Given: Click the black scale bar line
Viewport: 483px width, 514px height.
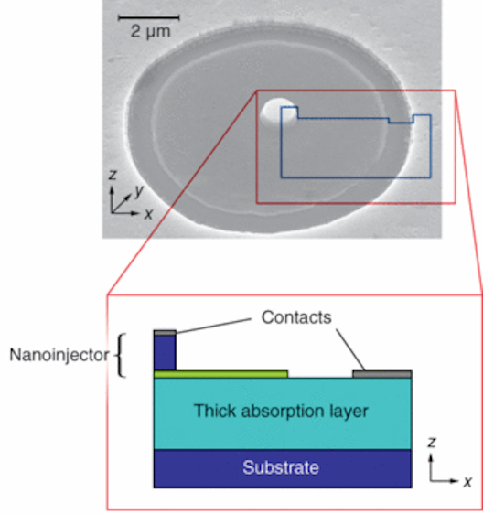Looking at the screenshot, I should click(x=145, y=16).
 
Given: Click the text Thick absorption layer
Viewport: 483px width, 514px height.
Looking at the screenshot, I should click(x=280, y=412).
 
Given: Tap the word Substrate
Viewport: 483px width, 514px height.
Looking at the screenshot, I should click(x=280, y=468).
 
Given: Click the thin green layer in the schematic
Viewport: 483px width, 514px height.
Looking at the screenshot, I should click(x=220, y=374).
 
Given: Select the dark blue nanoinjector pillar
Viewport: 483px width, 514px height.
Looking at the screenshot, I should click(x=165, y=352).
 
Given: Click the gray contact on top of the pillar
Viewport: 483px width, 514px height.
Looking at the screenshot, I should click(x=165, y=332).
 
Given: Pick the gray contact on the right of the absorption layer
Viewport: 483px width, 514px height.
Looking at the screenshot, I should click(x=381, y=374).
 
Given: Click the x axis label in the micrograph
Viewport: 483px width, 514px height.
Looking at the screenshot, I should click(x=148, y=213).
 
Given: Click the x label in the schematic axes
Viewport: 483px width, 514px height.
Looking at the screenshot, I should click(x=467, y=481).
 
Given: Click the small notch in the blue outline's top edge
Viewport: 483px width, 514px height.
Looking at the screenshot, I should click(x=400, y=121).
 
